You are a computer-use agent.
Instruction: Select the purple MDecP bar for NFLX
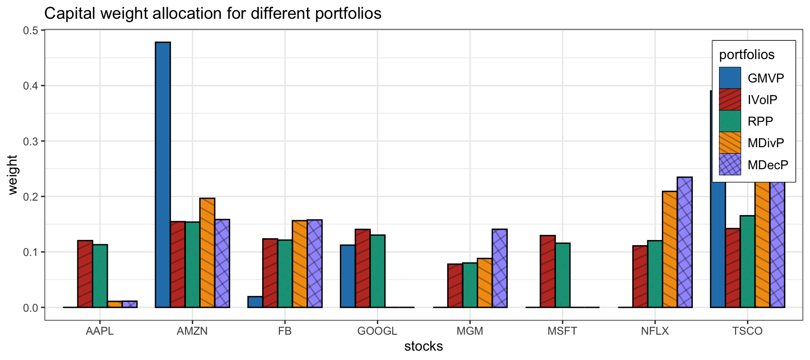pyautogui.click(x=684, y=242)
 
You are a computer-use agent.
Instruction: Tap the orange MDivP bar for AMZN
pyautogui.click(x=207, y=253)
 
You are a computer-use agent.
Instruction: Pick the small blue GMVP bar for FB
pyautogui.click(x=255, y=302)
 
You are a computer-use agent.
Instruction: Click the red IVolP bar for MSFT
pyautogui.click(x=547, y=271)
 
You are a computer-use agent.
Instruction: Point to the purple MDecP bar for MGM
pyautogui.click(x=499, y=268)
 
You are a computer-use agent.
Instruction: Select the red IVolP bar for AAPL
pyautogui.click(x=85, y=274)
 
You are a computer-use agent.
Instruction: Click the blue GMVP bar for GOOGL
pyautogui.click(x=347, y=276)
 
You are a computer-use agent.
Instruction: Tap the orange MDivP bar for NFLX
pyautogui.click(x=669, y=249)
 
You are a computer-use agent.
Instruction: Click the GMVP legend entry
pyautogui.click(x=765, y=78)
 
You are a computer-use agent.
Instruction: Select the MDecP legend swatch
pyautogui.click(x=730, y=165)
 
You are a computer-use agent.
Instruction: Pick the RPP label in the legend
pyautogui.click(x=760, y=121)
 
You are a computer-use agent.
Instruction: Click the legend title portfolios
pyautogui.click(x=746, y=55)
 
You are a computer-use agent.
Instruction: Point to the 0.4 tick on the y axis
pyautogui.click(x=30, y=86)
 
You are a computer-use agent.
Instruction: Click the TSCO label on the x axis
pyautogui.click(x=747, y=331)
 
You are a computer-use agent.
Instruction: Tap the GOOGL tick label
pyautogui.click(x=377, y=331)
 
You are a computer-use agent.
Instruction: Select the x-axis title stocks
pyautogui.click(x=423, y=346)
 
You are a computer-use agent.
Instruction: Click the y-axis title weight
pyautogui.click(x=13, y=174)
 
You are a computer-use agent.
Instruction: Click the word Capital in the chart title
pyautogui.click(x=70, y=13)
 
